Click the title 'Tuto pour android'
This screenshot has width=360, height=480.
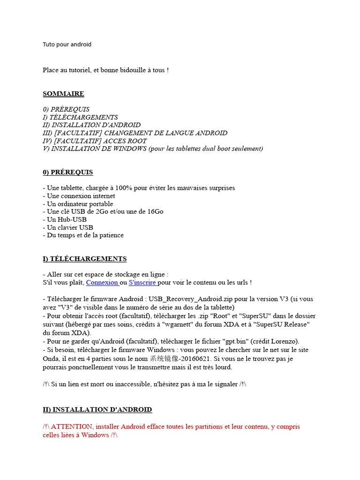point(67,45)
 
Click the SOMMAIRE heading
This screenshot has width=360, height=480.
point(63,94)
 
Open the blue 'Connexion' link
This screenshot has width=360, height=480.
point(102,283)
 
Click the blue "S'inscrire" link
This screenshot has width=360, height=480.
point(142,283)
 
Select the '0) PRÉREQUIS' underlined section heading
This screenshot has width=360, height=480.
point(68,172)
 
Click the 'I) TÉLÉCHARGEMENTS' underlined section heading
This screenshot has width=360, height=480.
point(84,259)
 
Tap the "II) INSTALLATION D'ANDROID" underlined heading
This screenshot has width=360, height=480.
point(97,410)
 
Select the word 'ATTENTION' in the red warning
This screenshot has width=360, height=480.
point(73,427)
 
